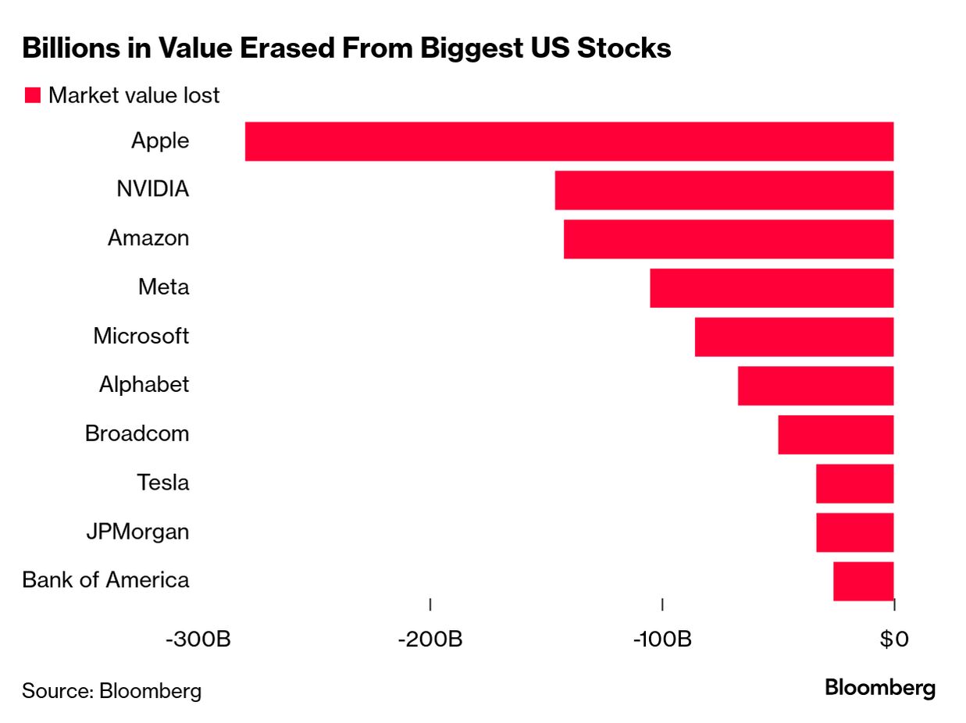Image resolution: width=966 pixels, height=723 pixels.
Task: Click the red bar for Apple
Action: pos(569,141)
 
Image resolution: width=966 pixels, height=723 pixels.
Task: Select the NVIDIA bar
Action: pos(724,191)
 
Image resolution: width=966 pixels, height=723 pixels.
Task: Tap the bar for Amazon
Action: pos(728,239)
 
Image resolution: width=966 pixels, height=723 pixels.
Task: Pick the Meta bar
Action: pos(772,288)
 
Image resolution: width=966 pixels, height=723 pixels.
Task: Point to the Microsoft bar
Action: pos(793,337)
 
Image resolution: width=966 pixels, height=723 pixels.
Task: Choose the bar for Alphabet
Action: pos(815,386)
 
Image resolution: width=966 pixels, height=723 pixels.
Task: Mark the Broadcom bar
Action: pos(836,435)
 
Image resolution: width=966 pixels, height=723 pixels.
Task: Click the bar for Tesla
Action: pos(854,483)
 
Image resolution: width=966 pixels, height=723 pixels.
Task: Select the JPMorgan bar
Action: pos(854,532)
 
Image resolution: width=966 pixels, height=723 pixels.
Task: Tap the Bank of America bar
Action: pos(863,581)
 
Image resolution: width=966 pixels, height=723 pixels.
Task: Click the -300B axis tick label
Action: pos(198,639)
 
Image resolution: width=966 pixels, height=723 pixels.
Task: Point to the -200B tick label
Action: pos(430,639)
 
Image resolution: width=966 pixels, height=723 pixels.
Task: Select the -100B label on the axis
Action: pos(661,639)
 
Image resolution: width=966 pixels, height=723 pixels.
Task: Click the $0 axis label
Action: pos(894,639)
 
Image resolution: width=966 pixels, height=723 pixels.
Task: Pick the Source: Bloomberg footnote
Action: pos(112,690)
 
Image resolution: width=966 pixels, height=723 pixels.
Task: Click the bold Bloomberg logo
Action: pos(880,688)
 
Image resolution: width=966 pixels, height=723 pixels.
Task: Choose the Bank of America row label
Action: pos(105,581)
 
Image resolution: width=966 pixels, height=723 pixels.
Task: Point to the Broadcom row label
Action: pos(137,434)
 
